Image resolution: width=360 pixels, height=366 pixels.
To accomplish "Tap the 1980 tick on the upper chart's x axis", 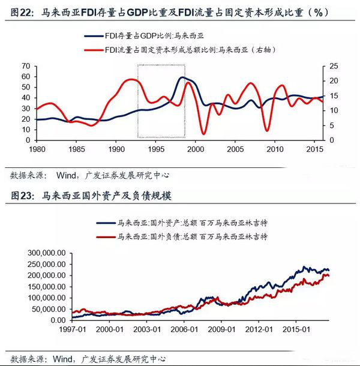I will point(37,148).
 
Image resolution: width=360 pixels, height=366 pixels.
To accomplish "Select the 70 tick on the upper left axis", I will point(26,65).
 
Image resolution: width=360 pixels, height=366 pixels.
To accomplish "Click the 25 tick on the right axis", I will point(334,65).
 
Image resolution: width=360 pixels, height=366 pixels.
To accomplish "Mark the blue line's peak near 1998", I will point(182,77).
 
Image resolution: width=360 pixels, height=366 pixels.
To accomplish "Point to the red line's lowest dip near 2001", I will point(204,133).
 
